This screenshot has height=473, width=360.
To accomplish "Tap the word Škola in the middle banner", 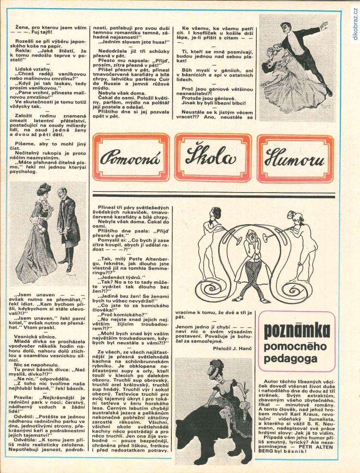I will tap(213, 158).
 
